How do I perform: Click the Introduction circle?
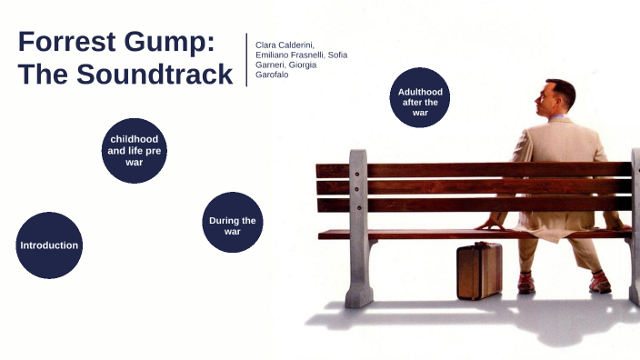[49, 245]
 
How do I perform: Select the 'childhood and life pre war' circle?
[135, 150]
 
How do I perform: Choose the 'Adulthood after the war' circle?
[419, 97]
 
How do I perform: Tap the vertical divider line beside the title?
[246, 60]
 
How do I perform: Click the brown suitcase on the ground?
[478, 271]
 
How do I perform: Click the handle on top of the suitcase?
[478, 244]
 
